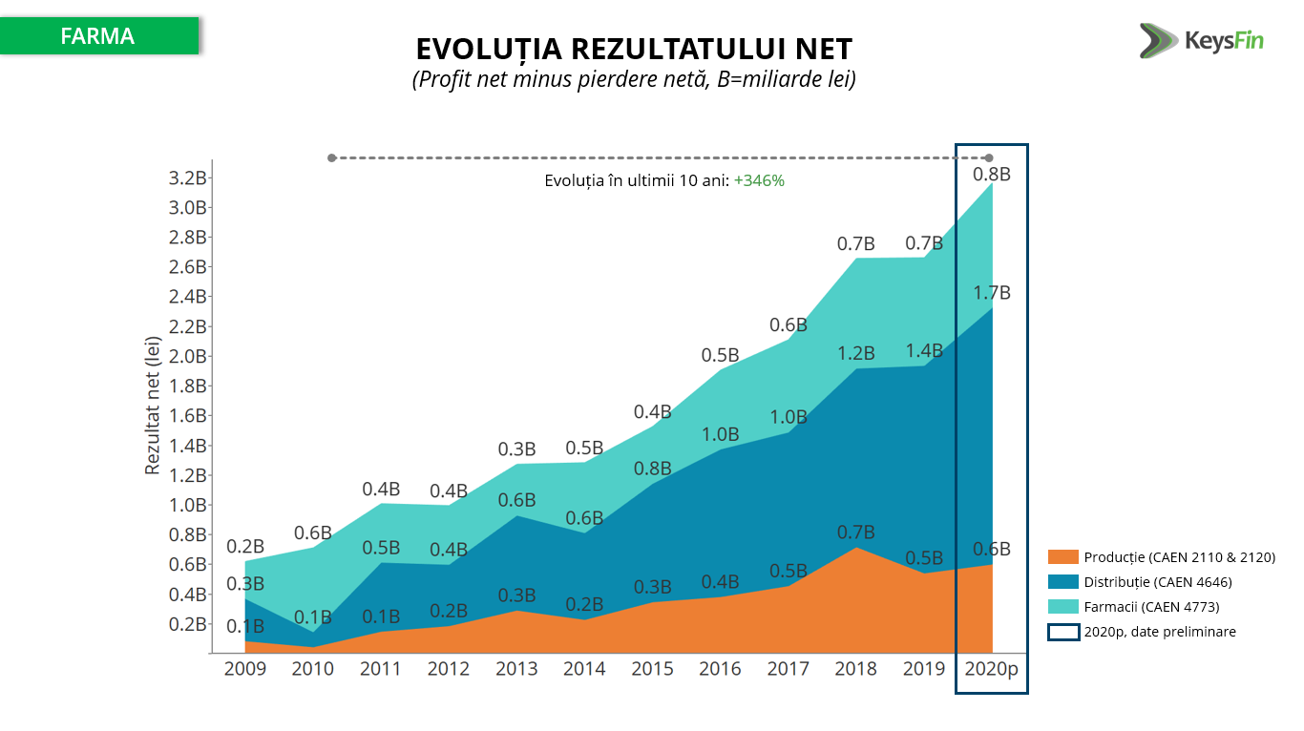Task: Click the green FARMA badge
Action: point(98,36)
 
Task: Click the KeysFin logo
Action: point(1201,41)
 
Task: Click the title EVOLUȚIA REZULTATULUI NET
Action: point(634,49)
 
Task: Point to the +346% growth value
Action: point(759,180)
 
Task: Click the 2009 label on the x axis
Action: point(245,669)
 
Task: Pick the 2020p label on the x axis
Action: point(992,669)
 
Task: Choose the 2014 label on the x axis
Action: point(584,669)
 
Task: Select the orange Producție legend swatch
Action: point(1062,557)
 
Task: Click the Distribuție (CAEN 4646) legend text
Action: point(1158,582)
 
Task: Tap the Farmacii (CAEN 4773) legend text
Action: point(1151,607)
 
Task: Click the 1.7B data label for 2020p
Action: point(992,293)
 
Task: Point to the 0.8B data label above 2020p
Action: point(992,175)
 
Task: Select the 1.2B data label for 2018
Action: point(855,354)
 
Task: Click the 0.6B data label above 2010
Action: point(313,533)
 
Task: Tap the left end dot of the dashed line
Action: point(331,157)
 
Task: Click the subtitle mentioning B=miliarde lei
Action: point(634,80)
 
